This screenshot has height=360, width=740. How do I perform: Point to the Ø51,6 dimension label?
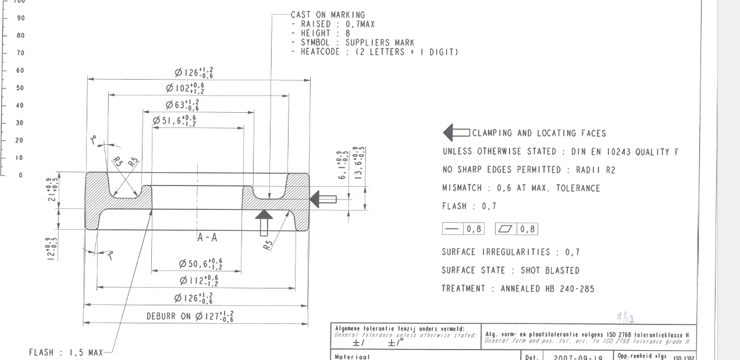coord(174,120)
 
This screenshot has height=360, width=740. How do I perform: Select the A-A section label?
coord(208,237)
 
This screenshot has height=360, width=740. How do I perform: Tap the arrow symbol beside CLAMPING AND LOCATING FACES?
coord(456,133)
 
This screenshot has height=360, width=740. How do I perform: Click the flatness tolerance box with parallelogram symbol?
coord(516,229)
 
